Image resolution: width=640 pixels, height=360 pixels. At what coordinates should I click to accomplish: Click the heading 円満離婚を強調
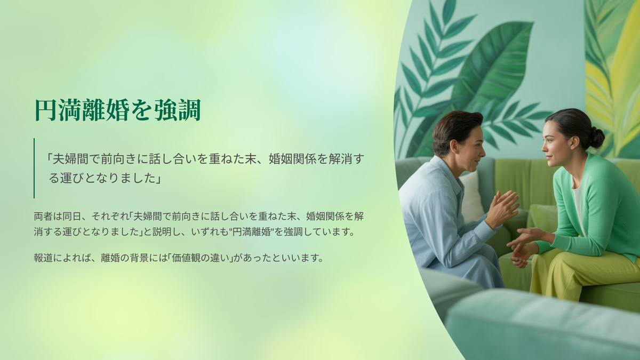pyautogui.click(x=118, y=110)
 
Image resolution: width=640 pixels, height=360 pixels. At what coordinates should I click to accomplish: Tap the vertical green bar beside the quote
pyautogui.click(x=34, y=168)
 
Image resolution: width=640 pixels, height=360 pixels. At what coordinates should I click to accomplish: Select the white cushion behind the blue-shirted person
pyautogui.click(x=471, y=197)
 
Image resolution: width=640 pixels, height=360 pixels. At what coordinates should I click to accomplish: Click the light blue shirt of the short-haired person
pyautogui.click(x=446, y=220)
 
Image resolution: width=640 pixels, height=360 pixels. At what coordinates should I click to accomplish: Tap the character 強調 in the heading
pyautogui.click(x=178, y=110)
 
